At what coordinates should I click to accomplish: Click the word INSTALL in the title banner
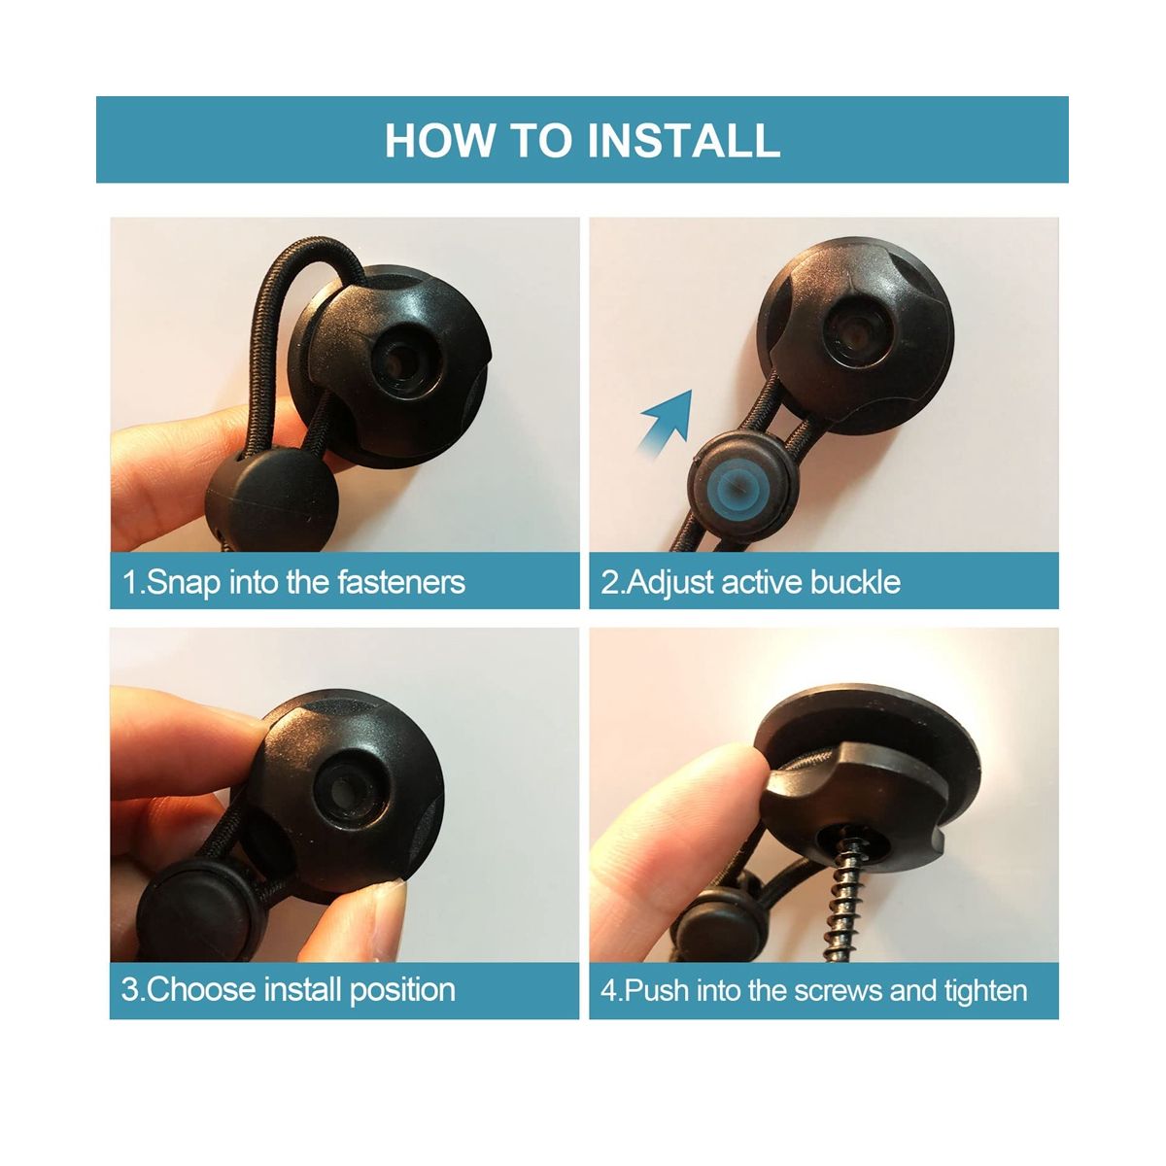point(683,140)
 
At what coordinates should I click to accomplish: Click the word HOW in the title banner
point(438,140)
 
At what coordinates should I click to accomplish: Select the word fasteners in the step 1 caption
point(401,582)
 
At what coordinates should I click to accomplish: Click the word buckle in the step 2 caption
point(855,582)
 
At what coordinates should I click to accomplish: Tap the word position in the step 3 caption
point(402,990)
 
